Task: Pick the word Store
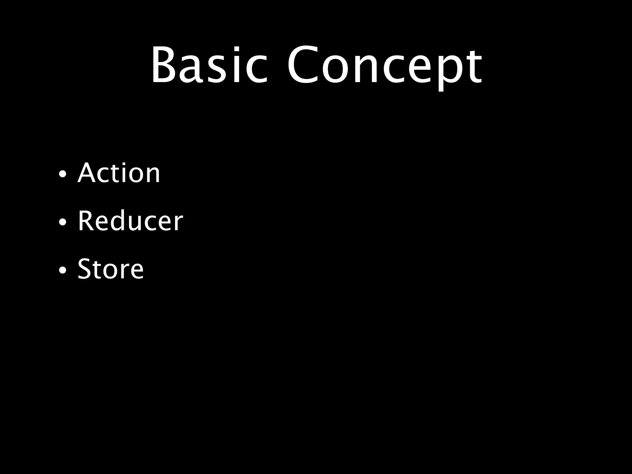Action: point(110,269)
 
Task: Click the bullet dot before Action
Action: point(62,174)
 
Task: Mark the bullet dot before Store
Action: point(62,270)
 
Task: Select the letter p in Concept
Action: point(444,71)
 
